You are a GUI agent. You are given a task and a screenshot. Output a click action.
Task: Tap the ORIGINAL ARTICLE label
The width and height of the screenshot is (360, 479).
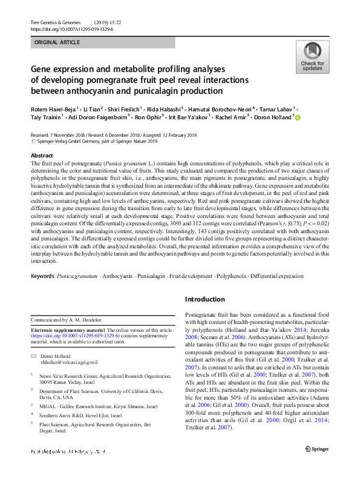click(x=57, y=42)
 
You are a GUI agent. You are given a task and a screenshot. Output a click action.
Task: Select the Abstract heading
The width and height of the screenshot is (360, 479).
click(x=42, y=156)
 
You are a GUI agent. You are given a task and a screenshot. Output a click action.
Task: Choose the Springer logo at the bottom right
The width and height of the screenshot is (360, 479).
click(x=317, y=465)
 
